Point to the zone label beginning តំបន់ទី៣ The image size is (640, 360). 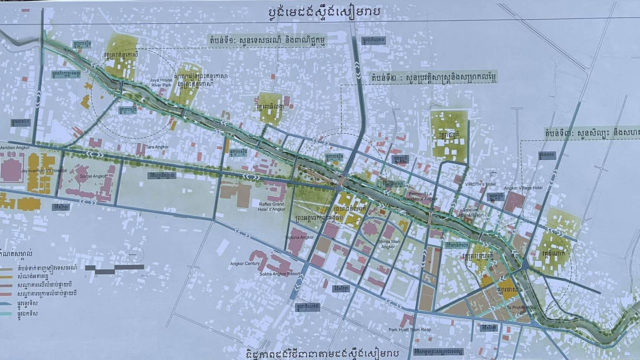point(591,133)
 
